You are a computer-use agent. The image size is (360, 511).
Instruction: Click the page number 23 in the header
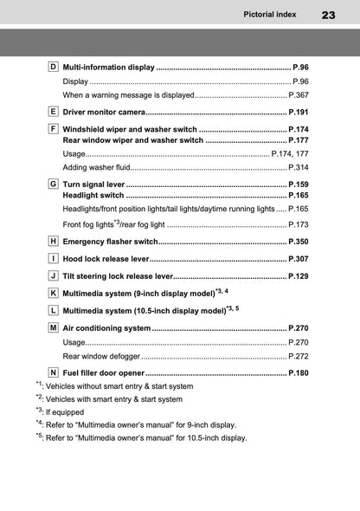click(328, 15)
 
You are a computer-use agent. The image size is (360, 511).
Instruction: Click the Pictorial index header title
click(271, 15)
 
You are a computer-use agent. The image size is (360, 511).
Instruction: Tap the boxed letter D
click(53, 67)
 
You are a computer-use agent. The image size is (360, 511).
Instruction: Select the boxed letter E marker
click(53, 112)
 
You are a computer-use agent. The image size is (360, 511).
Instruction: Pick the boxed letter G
click(53, 184)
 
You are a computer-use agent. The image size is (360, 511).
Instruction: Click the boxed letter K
click(53, 294)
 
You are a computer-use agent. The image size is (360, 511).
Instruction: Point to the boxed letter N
click(53, 372)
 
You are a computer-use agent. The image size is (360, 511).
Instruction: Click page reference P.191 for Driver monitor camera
click(298, 113)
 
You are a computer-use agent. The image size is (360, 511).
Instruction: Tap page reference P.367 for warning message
click(299, 94)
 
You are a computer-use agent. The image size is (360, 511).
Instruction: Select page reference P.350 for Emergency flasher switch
click(298, 241)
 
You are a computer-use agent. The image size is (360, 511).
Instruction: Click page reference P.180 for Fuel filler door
click(298, 373)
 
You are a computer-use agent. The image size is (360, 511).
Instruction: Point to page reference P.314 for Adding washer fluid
click(299, 166)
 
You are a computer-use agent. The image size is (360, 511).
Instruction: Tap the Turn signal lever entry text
click(93, 185)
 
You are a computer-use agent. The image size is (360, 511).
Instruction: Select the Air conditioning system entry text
click(106, 329)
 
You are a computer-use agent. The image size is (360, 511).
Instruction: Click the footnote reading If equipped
click(70, 412)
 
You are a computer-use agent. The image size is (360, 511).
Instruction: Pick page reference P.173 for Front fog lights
click(299, 224)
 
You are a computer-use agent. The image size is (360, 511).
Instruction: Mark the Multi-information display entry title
click(108, 67)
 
